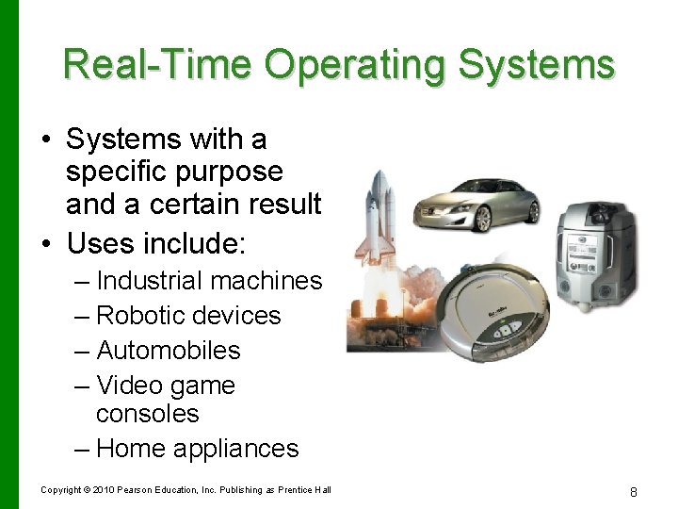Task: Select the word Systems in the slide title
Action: tap(538, 65)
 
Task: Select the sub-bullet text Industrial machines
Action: tap(209, 281)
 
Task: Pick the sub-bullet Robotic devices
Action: tap(188, 315)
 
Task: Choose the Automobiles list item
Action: tap(169, 351)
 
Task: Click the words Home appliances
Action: tap(197, 449)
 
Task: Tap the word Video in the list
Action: tap(129, 386)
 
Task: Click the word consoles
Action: tap(148, 414)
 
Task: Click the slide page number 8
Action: tap(634, 491)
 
